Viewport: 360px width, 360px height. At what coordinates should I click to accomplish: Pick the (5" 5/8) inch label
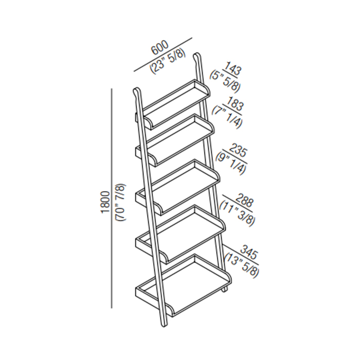point(225,83)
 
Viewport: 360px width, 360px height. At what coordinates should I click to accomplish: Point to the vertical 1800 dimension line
point(112,198)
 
